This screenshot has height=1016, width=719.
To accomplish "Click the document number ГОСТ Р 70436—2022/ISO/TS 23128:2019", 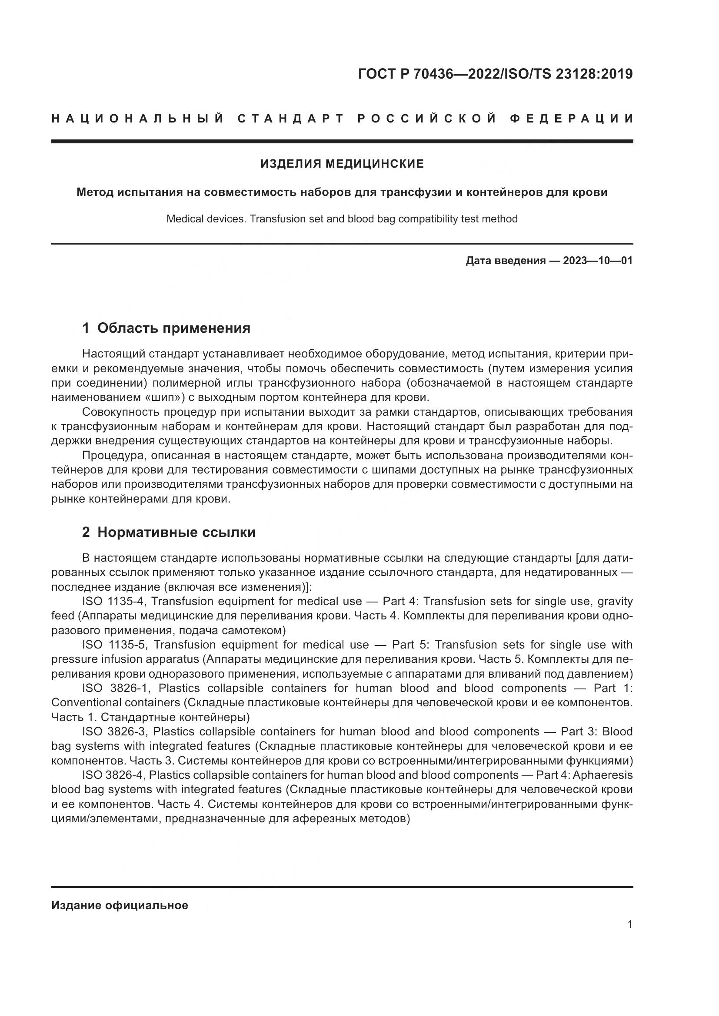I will click(495, 74).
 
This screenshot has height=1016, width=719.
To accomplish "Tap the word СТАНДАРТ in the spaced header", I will click(290, 119).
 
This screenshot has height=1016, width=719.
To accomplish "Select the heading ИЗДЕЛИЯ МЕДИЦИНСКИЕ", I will click(342, 164).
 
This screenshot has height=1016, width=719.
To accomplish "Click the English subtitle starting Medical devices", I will click(342, 219).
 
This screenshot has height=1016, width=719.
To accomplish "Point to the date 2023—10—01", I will click(597, 261).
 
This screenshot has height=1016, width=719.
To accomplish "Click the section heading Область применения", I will click(173, 328).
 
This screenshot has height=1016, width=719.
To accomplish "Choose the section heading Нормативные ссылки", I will click(176, 532).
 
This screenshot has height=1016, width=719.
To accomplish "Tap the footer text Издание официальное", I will click(120, 905).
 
